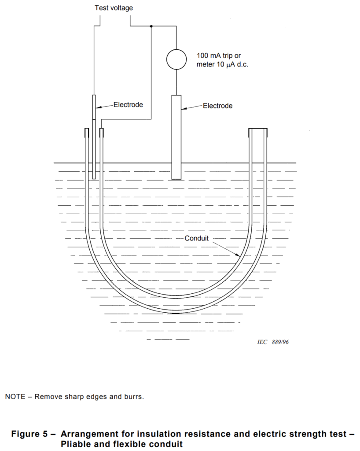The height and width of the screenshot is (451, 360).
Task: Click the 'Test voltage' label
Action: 114,8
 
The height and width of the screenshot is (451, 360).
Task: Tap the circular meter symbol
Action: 176,59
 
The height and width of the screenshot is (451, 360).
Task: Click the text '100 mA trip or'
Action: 219,55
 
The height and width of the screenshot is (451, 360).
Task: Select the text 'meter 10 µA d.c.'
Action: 222,64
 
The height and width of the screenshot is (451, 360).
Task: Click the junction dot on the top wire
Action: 151,26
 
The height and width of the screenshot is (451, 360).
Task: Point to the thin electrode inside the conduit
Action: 94,137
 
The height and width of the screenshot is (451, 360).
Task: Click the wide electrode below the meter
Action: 176,137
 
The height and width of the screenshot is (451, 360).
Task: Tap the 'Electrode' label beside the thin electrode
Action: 128,105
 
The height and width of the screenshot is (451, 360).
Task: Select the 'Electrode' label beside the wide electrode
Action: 217,106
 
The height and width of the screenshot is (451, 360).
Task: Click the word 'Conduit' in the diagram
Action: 197,238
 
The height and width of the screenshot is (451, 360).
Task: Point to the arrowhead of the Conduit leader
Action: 238,255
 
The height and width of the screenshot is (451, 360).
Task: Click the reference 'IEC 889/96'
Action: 273,342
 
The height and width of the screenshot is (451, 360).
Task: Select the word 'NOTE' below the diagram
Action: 15,397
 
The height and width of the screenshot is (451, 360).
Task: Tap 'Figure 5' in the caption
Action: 29,434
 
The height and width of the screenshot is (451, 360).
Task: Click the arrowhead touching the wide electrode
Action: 184,109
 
